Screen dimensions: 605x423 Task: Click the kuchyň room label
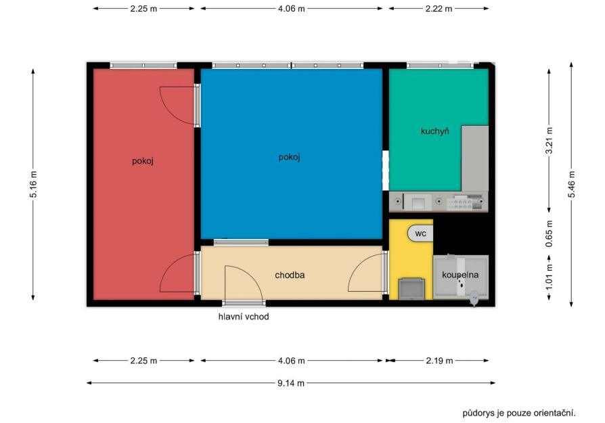(435, 131)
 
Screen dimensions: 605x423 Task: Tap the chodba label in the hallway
(290, 275)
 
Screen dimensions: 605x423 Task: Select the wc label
(420, 233)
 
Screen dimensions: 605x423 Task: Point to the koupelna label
(460, 275)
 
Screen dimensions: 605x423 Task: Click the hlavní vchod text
(244, 317)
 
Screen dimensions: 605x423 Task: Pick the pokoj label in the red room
(143, 161)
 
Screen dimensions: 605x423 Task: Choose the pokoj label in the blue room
(290, 157)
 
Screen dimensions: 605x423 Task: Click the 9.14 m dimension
(291, 383)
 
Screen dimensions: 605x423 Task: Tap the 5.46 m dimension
(571, 185)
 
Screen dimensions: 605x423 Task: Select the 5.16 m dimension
(33, 185)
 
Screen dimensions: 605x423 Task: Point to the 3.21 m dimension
(549, 141)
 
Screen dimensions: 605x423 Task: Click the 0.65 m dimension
(549, 233)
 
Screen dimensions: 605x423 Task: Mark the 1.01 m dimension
(549, 276)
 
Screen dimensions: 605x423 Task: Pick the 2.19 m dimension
(439, 361)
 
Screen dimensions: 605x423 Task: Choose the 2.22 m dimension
(439, 9)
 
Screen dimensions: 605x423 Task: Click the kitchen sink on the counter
(418, 202)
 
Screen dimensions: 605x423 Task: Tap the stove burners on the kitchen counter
(465, 202)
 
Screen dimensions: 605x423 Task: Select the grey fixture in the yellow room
(411, 289)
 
